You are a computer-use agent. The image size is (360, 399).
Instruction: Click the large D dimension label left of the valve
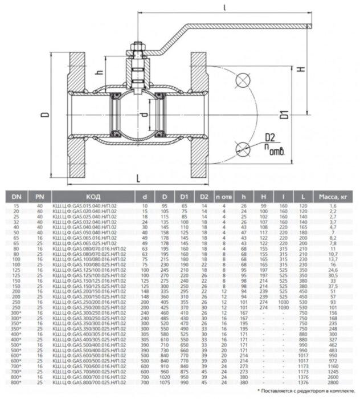[46, 115]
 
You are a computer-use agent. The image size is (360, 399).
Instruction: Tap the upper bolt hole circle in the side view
[243, 80]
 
